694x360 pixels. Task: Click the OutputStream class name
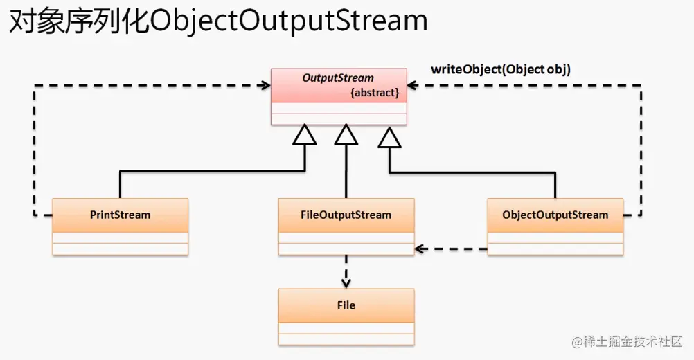[337, 78]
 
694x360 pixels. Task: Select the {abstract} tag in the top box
[375, 92]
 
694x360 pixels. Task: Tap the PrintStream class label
[120, 215]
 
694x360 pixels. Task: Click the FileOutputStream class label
[346, 215]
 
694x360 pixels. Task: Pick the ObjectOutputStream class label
[555, 215]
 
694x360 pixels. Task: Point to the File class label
[346, 305]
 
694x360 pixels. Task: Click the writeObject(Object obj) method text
[501, 69]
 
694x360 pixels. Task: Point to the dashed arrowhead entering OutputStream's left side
[265, 86]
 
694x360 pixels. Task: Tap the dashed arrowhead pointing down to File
[346, 282]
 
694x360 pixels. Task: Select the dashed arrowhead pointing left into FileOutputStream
[420, 249]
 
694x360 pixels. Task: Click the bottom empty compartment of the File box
[346, 339]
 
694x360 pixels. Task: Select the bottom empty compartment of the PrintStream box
[120, 249]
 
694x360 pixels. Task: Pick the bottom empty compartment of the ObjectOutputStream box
[555, 249]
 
